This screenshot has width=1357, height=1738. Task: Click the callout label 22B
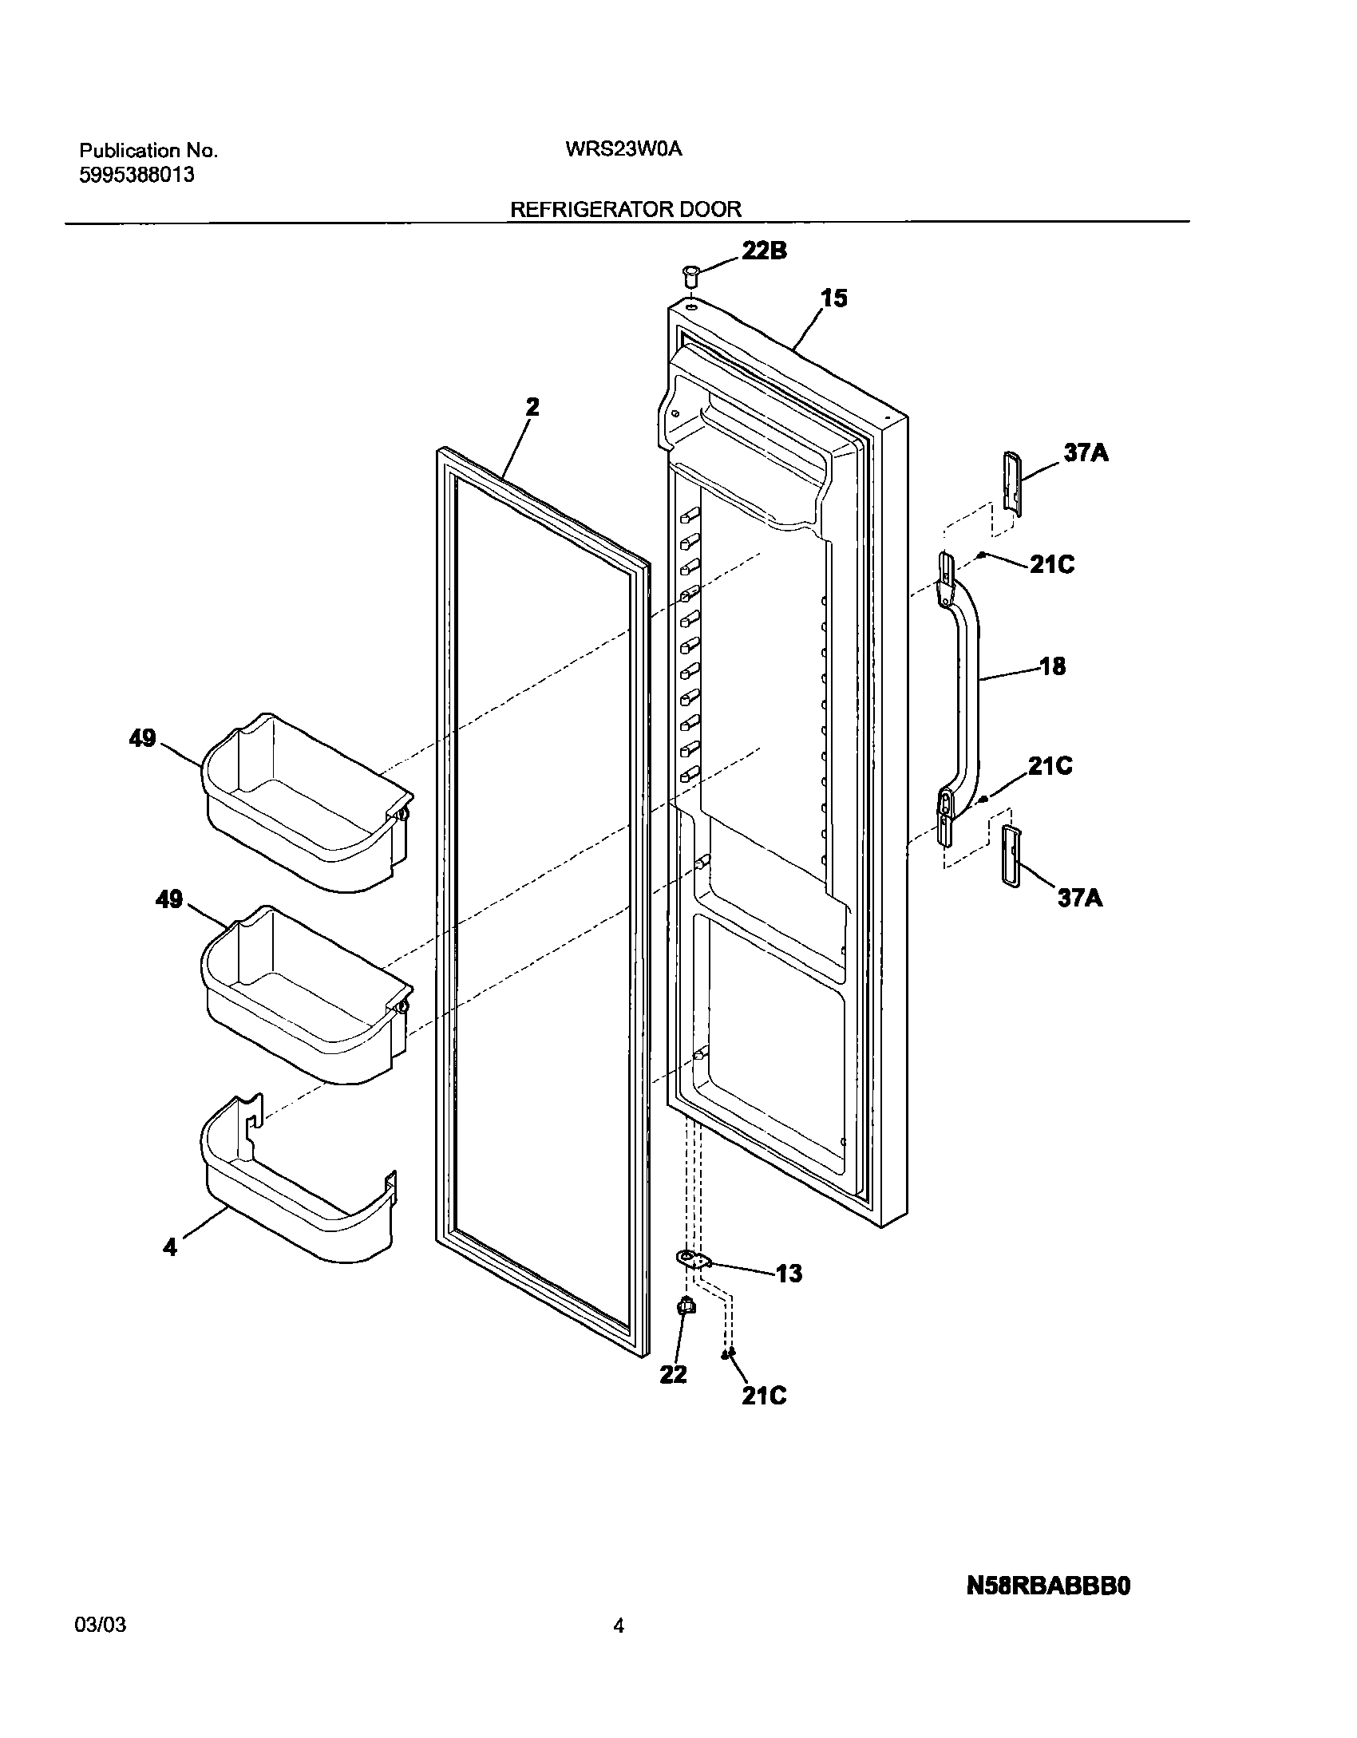(x=764, y=251)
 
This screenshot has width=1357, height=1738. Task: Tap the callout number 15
(x=834, y=298)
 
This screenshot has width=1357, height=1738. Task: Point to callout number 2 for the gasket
(x=532, y=407)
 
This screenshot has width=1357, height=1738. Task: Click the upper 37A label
(x=1086, y=453)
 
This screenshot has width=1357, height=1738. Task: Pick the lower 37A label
(x=1080, y=899)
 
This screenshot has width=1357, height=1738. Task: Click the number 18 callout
(x=1053, y=666)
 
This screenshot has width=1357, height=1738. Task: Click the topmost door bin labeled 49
(x=307, y=802)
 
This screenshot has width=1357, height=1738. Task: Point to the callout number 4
(x=170, y=1247)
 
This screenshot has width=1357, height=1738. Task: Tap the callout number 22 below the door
(x=673, y=1375)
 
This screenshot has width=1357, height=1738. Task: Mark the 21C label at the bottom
(x=764, y=1395)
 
